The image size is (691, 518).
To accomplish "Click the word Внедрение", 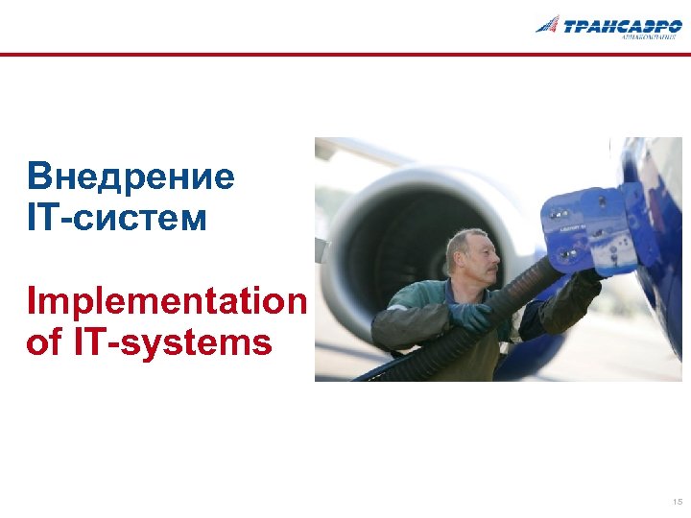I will coord(131,177).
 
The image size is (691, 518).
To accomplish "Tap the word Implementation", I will coord(167,301).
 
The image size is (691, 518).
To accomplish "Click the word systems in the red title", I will coord(213,342).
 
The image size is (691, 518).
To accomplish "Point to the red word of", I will coord(43,342).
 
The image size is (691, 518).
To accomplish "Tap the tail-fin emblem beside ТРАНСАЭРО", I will coord(548,24).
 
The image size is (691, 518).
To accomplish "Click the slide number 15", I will coord(678,502).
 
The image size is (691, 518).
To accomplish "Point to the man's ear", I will coord(459,258).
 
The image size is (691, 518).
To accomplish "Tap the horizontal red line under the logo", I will coord(345,56).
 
